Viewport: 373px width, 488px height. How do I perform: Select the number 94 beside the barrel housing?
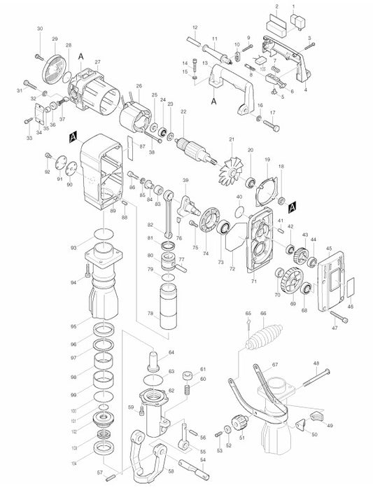(x=74, y=282)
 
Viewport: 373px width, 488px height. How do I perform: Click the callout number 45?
(x=329, y=249)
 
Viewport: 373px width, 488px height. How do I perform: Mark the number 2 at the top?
(x=277, y=6)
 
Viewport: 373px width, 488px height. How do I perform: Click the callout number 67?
(x=275, y=364)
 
